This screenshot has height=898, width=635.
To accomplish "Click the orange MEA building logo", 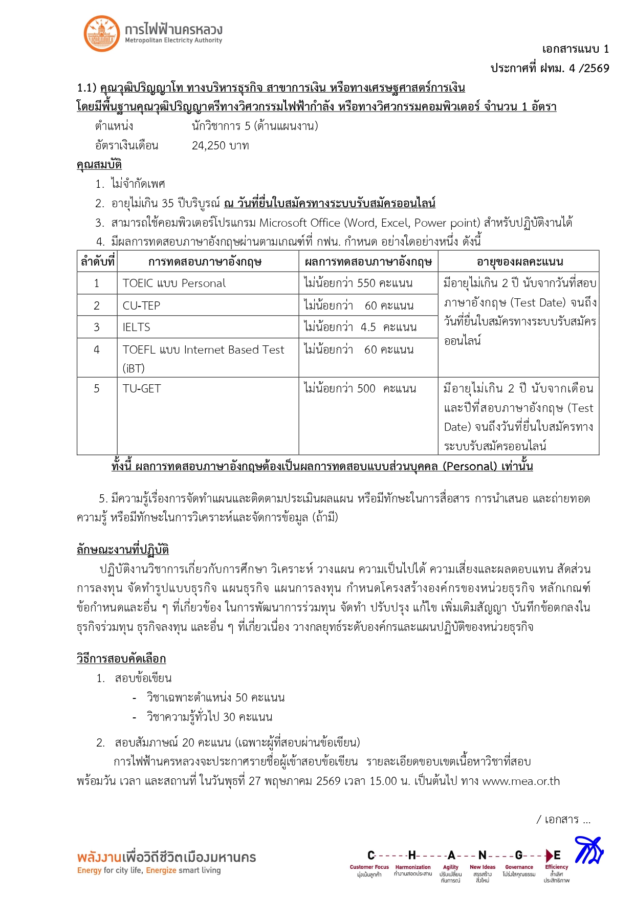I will click(101, 34).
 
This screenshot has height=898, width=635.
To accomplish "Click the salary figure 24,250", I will click(209, 146).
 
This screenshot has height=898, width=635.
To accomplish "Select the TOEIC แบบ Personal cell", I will click(174, 283).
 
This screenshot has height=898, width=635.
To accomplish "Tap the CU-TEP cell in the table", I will click(141, 306).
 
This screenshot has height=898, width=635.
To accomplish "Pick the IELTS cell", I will click(136, 327).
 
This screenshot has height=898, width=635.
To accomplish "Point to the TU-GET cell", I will click(142, 389).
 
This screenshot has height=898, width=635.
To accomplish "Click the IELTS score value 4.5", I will click(368, 327).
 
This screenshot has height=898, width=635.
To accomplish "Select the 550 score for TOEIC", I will click(366, 283).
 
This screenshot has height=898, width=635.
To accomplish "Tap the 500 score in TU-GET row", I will click(366, 389).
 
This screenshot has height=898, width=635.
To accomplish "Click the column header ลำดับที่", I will click(97, 262).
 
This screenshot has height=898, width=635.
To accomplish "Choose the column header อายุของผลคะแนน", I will click(519, 262).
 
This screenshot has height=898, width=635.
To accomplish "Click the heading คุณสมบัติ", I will click(99, 165).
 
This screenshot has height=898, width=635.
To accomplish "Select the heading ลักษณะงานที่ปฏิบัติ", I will click(123, 550).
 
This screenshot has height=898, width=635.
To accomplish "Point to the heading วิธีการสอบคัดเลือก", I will click(121, 659).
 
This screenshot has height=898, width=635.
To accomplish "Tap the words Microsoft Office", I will click(299, 223).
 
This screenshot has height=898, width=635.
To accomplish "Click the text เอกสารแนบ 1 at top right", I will click(575, 49).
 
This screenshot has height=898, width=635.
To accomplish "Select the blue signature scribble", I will click(588, 850).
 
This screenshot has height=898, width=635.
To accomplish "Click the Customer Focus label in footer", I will click(369, 867).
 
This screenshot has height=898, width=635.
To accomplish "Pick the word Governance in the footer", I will click(519, 867).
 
